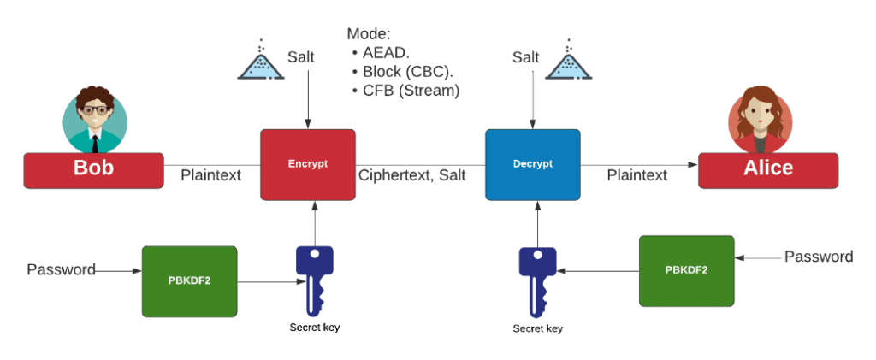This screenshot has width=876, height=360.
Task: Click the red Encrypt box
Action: pyautogui.click(x=307, y=163)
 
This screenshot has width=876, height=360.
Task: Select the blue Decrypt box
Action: pyautogui.click(x=532, y=163)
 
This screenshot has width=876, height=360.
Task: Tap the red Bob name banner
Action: pyautogui.click(x=93, y=169)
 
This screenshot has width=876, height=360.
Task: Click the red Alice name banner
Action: pyautogui.click(x=767, y=169)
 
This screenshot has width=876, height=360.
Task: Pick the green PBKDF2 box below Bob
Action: pyautogui.click(x=188, y=280)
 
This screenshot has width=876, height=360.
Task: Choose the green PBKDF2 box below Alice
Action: pyautogui.click(x=686, y=270)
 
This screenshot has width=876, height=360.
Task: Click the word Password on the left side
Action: pyautogui.click(x=61, y=270)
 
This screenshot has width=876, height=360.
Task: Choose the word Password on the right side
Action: pyautogui.click(x=819, y=257)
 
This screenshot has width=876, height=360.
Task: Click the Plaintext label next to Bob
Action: pyautogui.click(x=210, y=175)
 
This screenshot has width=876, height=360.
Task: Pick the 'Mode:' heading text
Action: pyautogui.click(x=368, y=34)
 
